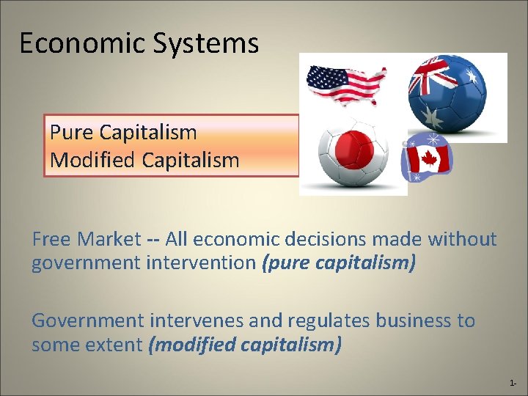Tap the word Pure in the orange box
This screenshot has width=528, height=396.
(x=71, y=133)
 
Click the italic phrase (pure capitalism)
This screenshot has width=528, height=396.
(x=338, y=263)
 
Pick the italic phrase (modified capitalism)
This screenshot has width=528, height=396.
(x=245, y=344)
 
